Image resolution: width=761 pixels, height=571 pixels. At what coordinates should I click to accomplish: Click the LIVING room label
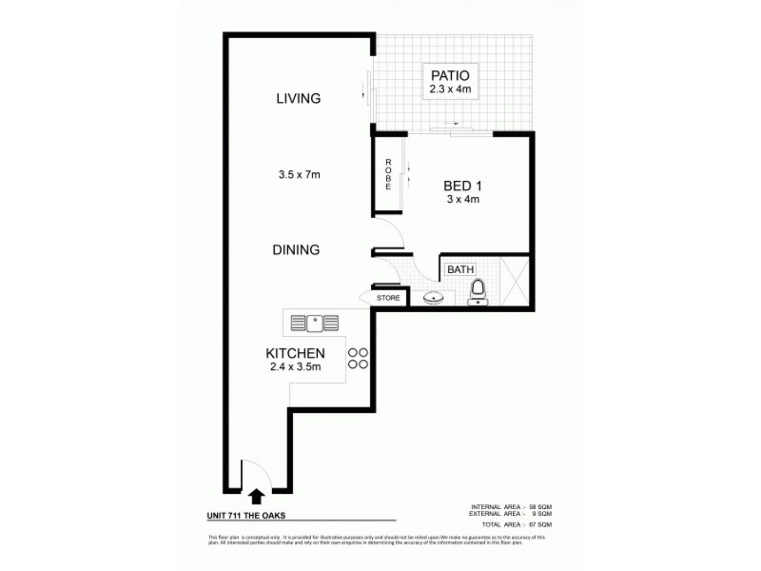pyautogui.click(x=298, y=98)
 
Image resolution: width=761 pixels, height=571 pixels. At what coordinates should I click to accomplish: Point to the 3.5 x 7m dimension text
pyautogui.click(x=298, y=174)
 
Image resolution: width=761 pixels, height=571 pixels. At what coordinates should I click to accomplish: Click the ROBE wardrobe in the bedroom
pyautogui.click(x=387, y=174)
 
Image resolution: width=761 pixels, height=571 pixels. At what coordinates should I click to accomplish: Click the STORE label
pyautogui.click(x=388, y=298)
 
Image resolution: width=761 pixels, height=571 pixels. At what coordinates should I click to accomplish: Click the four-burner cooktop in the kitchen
pyautogui.click(x=358, y=358)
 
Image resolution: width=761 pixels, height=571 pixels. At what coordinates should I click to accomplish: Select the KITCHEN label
pyautogui.click(x=296, y=354)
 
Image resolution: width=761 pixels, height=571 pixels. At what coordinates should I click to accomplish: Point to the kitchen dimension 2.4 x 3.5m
pyautogui.click(x=296, y=367)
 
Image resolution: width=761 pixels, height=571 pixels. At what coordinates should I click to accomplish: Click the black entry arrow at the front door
pyautogui.click(x=255, y=495)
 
